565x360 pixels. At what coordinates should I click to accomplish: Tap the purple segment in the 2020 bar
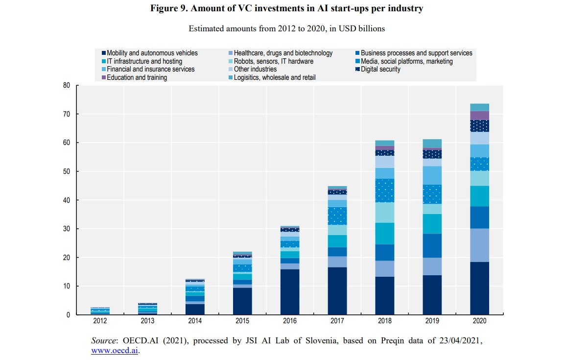(479, 116)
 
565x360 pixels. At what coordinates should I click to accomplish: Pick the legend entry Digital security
(380, 70)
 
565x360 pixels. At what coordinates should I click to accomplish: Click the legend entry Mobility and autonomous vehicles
(152, 53)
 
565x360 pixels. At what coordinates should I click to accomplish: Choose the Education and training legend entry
(137, 77)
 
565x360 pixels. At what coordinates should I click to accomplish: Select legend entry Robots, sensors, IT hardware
(273, 61)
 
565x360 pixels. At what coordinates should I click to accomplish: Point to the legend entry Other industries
(255, 70)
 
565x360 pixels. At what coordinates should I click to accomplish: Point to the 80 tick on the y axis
(67, 86)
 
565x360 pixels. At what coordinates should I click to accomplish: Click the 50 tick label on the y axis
(67, 171)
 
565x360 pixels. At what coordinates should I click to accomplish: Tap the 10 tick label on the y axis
(67, 286)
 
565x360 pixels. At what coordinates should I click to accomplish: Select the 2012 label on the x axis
(100, 321)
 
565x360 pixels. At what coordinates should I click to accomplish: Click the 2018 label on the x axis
(384, 321)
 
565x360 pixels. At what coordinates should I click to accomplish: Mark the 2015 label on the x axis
(242, 321)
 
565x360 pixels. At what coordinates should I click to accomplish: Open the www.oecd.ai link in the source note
(115, 351)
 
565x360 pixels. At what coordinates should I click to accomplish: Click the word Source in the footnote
(104, 340)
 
